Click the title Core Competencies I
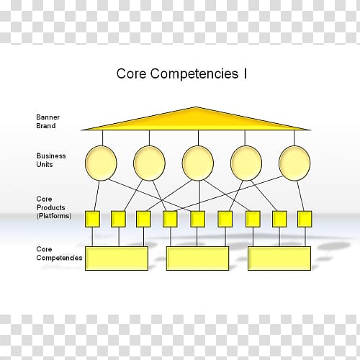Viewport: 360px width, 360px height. click(x=181, y=73)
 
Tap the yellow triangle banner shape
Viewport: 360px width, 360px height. click(x=197, y=122)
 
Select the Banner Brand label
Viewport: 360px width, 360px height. click(x=48, y=122)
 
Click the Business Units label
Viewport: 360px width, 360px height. click(x=51, y=160)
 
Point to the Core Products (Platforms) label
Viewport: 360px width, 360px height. click(x=54, y=207)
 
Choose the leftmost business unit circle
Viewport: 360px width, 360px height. click(x=101, y=163)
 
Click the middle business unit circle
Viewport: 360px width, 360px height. click(x=198, y=163)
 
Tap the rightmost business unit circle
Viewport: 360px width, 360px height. click(x=294, y=163)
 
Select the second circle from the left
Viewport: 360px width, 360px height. click(x=149, y=163)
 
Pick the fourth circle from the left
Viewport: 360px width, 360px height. click(x=246, y=163)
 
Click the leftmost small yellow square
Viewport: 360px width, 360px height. click(x=92, y=219)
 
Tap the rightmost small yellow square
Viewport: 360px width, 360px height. click(x=305, y=219)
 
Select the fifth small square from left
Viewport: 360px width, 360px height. click(x=197, y=219)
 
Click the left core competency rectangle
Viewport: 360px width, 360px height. click(x=117, y=258)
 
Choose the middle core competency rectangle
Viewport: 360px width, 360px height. click(x=197, y=258)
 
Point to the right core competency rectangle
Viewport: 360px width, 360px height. click(x=279, y=258)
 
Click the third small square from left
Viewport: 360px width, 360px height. click(x=143, y=219)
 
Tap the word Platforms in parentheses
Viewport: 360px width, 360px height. click(x=54, y=216)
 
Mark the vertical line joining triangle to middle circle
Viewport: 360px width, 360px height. click(x=198, y=138)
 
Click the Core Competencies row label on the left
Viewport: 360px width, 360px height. click(x=59, y=253)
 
